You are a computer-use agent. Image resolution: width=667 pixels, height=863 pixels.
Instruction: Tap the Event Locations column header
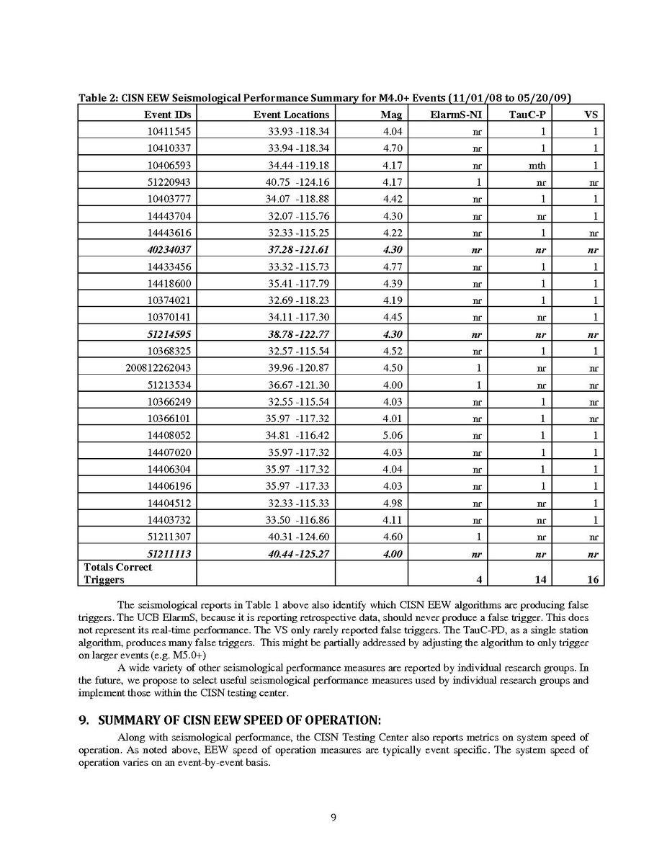pyautogui.click(x=291, y=114)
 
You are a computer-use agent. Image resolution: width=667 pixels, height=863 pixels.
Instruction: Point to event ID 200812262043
pyautogui.click(x=158, y=367)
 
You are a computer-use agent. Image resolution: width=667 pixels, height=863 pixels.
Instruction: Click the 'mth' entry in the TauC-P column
pyautogui.click(x=537, y=165)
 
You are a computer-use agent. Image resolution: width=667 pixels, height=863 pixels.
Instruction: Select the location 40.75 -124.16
pyautogui.click(x=297, y=182)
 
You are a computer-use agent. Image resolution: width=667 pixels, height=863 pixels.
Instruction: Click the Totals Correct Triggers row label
pyautogui.click(x=118, y=573)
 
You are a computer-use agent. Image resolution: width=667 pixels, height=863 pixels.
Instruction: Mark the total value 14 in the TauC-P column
pyautogui.click(x=538, y=579)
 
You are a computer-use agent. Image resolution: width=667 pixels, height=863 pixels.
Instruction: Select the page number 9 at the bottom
pyautogui.click(x=333, y=817)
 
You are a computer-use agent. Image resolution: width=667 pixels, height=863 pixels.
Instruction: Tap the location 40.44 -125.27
pyautogui.click(x=297, y=553)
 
